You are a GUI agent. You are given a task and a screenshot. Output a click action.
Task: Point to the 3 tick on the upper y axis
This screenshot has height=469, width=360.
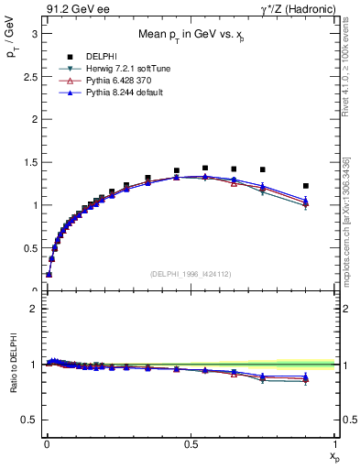point(32,33)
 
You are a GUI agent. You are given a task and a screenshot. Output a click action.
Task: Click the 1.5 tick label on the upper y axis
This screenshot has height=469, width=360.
point(28,162)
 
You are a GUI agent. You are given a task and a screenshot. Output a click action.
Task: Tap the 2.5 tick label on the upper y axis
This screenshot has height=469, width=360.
point(28,76)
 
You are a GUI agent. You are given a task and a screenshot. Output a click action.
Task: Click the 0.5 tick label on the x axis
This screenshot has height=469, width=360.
point(191,443)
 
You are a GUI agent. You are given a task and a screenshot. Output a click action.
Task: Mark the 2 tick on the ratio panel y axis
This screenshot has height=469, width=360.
point(32,309)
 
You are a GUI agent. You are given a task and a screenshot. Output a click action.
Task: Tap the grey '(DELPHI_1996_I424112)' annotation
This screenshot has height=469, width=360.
point(190,274)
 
